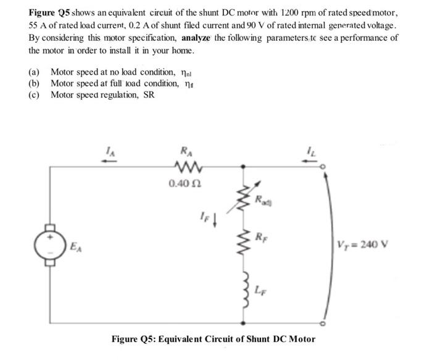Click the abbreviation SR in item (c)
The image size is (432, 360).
[148, 94]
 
